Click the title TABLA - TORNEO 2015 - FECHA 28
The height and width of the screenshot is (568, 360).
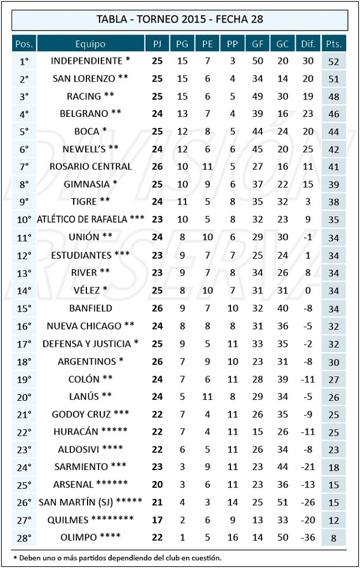pos(180,20)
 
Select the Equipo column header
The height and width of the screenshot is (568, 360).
pos(90,44)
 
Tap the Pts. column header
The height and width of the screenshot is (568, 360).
pos(334,44)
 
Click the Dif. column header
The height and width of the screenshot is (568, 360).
pos(308,44)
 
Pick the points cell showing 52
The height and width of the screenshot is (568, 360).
pos(334,61)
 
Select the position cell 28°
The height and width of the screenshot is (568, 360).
pos(24,537)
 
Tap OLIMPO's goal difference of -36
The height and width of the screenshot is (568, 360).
pos(308,537)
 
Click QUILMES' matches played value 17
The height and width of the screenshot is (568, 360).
pos(157,520)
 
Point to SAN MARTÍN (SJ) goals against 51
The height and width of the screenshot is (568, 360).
pos(283,502)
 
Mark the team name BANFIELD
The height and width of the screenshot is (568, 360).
pos(90,308)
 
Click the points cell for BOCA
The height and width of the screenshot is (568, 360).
pos(334,131)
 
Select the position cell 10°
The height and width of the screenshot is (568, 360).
pos(24,219)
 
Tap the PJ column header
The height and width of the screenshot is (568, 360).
pos(157,44)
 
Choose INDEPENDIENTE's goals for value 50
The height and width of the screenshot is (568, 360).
pos(257,61)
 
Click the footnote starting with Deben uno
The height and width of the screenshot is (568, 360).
pos(118,558)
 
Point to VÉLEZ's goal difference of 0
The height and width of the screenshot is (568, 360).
pos(308,290)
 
